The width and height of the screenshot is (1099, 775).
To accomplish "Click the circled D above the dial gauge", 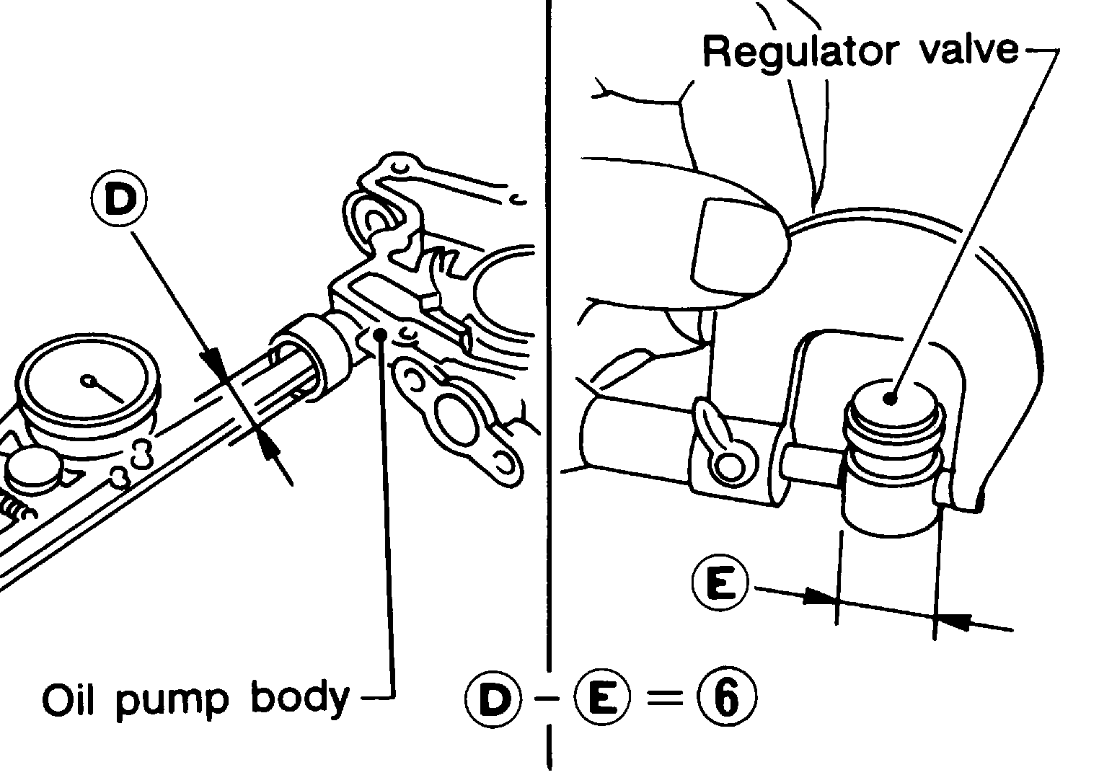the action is pos(119,199).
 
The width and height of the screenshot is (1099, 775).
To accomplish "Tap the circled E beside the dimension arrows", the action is pos(720,583).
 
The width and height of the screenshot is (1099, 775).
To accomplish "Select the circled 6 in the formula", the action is pos(727,698).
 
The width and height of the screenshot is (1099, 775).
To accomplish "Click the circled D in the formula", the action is pos(493,698).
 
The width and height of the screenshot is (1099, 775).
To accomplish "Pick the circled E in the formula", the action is pos(602,698).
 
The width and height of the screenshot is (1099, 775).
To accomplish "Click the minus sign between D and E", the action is pos(547,698).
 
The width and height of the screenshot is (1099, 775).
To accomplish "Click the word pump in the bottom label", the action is pos(172,704).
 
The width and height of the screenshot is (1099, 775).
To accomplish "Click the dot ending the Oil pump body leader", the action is pos(380,334).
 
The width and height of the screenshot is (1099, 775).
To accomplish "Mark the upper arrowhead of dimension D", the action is pos(214,363).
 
